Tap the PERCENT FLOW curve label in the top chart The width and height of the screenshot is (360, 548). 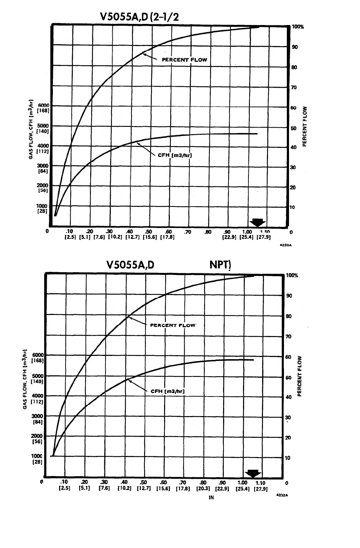tap(184, 60)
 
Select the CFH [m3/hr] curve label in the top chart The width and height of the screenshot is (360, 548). tap(175, 155)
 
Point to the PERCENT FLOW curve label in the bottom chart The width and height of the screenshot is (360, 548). tap(173, 325)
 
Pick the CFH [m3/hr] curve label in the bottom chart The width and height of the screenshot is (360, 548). tap(167, 391)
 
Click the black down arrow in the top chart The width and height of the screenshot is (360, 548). tap(258, 223)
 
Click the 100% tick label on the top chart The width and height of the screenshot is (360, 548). tap(298, 27)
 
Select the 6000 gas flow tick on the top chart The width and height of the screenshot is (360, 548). tap(44, 105)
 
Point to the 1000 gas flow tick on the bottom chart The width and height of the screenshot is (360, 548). tap(37, 456)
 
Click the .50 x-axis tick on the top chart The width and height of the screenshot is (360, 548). tap(148, 232)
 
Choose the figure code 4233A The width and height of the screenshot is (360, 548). tap(286, 245)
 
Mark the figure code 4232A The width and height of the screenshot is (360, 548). tap(281, 494)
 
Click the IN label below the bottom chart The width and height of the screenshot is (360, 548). tap(211, 498)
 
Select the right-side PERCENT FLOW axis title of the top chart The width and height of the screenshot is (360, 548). tap(305, 126)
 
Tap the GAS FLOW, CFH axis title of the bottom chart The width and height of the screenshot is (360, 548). tap(25, 379)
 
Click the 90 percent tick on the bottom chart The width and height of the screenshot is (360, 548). tap(289, 296)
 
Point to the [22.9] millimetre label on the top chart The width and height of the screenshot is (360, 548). tap(229, 237)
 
